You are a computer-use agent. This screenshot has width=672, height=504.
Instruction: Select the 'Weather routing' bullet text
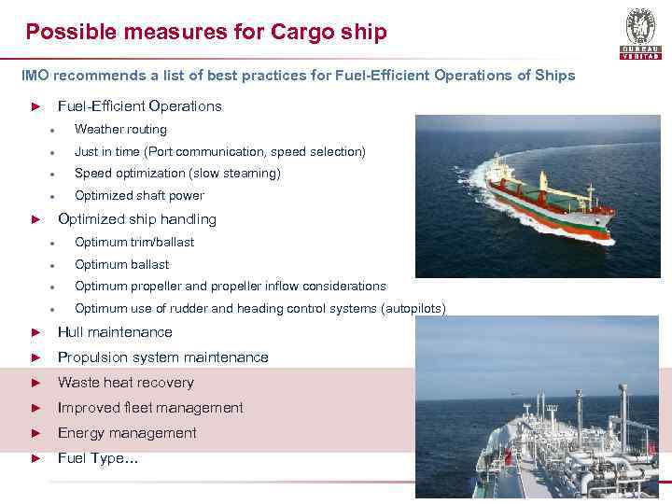pyautogui.click(x=120, y=129)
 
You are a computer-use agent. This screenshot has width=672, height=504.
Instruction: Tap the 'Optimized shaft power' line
pyautogui.click(x=139, y=195)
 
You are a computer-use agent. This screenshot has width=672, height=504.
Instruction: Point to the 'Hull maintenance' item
pyautogui.click(x=115, y=332)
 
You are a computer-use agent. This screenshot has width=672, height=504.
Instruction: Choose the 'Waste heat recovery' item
pyautogui.click(x=126, y=383)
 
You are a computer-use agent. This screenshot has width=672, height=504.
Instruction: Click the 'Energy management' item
pyautogui.click(x=127, y=433)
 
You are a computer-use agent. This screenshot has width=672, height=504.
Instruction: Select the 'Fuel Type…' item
pyautogui.click(x=98, y=458)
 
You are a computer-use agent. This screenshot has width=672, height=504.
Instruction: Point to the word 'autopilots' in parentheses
pyautogui.click(x=412, y=309)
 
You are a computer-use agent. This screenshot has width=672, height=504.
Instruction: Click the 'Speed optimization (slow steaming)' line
pyautogui.click(x=177, y=173)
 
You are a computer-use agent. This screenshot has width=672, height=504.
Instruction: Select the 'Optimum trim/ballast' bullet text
pyautogui.click(x=134, y=242)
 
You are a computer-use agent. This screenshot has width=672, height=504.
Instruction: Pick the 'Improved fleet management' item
pyautogui.click(x=150, y=408)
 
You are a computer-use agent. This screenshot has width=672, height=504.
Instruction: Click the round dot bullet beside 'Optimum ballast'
pyautogui.click(x=58, y=265)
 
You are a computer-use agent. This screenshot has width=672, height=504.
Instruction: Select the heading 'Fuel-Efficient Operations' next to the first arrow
pyautogui.click(x=140, y=106)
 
